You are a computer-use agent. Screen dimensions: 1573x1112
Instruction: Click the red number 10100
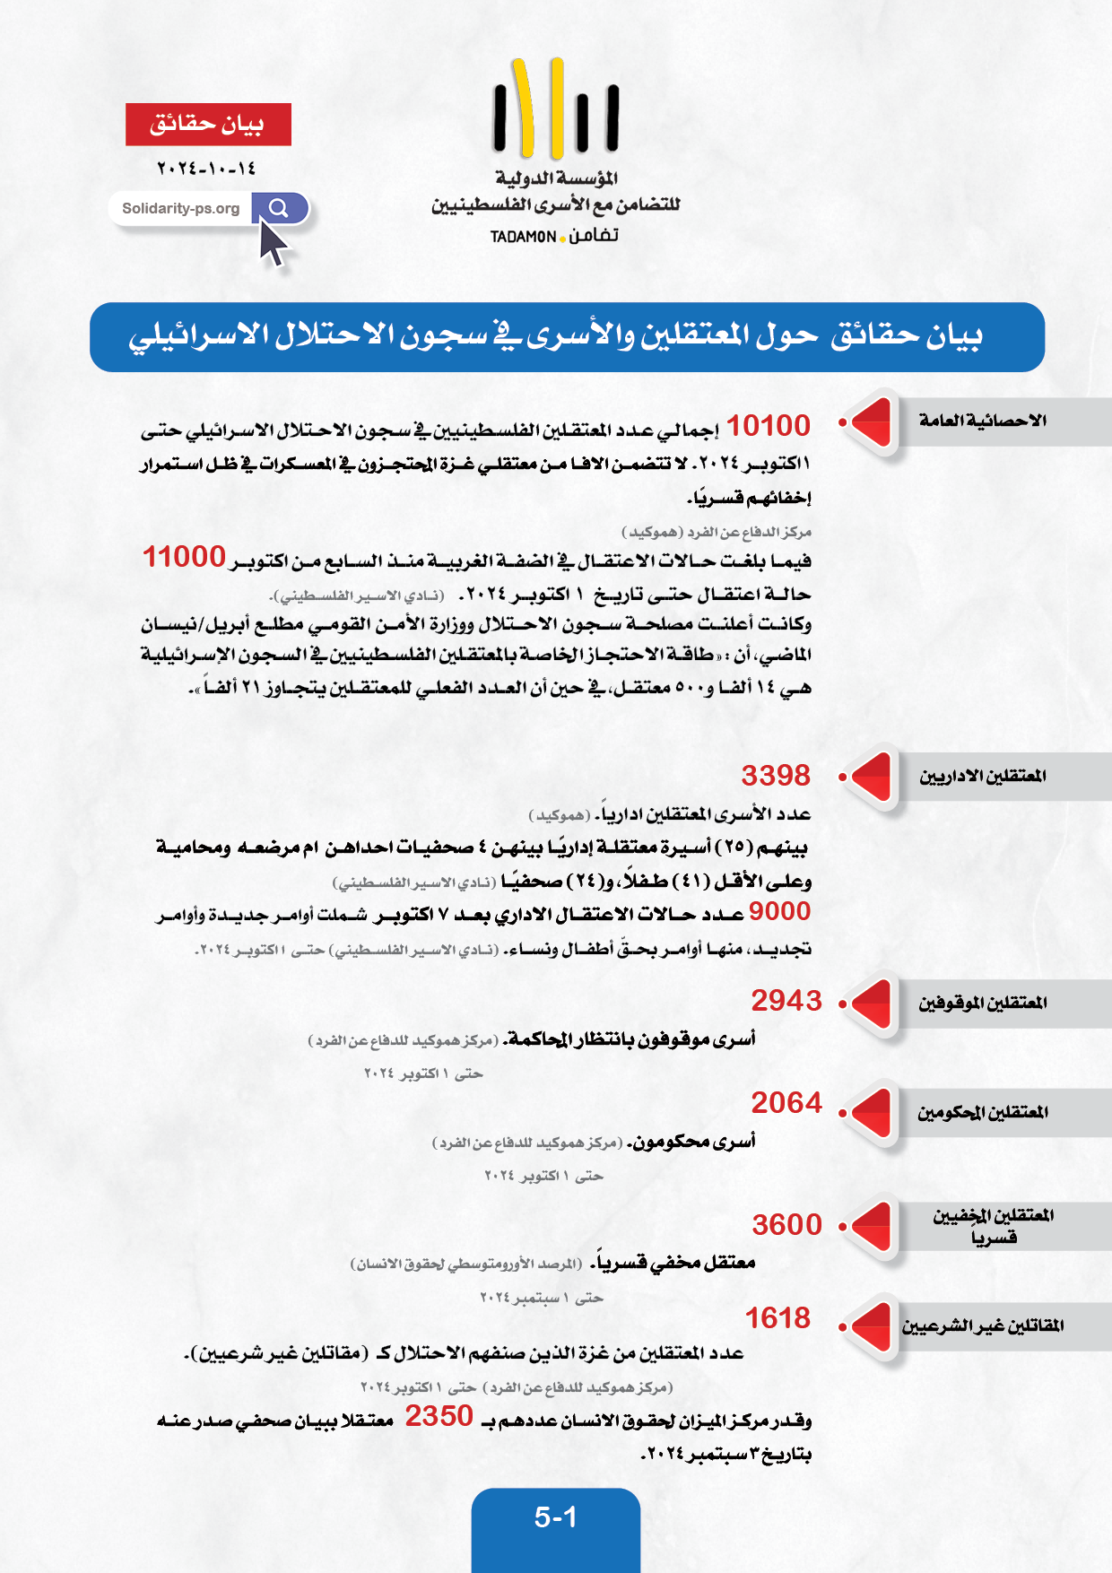tap(768, 426)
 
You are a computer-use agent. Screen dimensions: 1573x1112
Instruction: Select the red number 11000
tap(184, 557)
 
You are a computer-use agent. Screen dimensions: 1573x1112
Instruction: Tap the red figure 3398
tap(776, 776)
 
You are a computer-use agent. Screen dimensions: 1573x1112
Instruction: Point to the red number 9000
tap(779, 911)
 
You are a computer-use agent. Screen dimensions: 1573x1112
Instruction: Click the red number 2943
tap(786, 1001)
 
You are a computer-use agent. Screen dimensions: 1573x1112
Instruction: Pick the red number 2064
tap(786, 1103)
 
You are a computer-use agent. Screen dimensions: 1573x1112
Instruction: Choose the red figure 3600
tap(786, 1225)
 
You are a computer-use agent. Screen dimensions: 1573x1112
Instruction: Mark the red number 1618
tap(778, 1318)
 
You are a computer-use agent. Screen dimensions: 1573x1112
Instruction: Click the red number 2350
tap(439, 1416)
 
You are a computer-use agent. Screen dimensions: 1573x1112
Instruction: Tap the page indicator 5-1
tap(556, 1517)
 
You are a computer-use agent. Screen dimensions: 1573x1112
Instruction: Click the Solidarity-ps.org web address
tap(181, 209)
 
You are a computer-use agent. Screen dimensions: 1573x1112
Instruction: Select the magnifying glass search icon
tap(279, 208)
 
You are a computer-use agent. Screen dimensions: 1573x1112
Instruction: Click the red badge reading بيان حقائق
tap(208, 125)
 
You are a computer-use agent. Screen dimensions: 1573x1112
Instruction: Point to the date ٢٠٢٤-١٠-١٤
tap(207, 169)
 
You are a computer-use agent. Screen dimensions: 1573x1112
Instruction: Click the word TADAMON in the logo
tap(524, 237)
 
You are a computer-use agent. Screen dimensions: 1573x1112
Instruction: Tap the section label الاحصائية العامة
tap(983, 421)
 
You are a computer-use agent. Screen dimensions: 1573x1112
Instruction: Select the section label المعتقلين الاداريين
tap(983, 776)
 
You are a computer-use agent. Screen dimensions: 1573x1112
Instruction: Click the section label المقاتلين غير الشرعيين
tap(983, 1325)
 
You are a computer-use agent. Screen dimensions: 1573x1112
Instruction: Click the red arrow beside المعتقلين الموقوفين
tap(871, 1003)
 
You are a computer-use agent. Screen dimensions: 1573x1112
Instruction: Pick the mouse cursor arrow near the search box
tap(274, 244)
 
